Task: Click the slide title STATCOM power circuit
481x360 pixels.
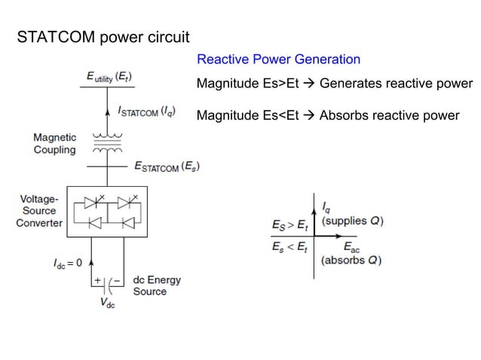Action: [103, 37]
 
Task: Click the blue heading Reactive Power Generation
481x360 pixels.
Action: [278, 59]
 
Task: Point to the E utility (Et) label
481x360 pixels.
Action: [109, 76]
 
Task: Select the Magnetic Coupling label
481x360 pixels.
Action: [54, 144]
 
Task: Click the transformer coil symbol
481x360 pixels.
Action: [109, 144]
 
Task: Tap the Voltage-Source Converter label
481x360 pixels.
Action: [39, 211]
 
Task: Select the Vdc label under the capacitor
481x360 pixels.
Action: [109, 303]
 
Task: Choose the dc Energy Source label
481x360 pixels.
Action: [157, 285]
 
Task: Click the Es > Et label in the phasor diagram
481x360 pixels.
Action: [290, 224]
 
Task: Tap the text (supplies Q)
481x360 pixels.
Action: [352, 221]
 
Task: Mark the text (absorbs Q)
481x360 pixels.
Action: [351, 261]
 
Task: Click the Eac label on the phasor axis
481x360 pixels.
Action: [352, 247]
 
